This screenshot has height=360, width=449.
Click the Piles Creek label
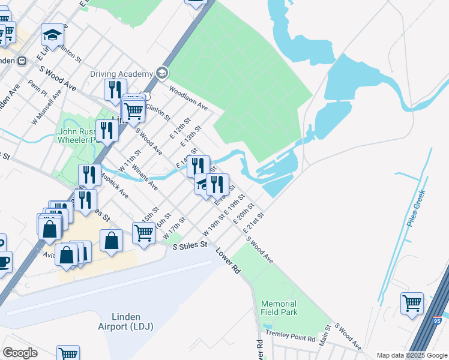pyautogui.click(x=415, y=207)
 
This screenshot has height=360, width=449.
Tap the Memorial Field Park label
pyautogui.click(x=279, y=308)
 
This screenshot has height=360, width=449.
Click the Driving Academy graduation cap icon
pyautogui.click(x=161, y=73)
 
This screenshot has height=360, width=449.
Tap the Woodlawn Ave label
pyautogui.click(x=188, y=99)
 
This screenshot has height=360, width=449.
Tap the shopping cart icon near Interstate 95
pyautogui.click(x=412, y=302)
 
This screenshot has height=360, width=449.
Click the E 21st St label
pyautogui.click(x=254, y=223)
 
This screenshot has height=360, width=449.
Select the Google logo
pyautogui.click(x=20, y=353)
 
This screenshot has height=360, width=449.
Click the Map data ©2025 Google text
pyautogui.click(x=411, y=355)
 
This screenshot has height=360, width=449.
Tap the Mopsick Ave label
pyautogui.click(x=114, y=185)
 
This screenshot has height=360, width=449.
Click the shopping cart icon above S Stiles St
pyautogui.click(x=144, y=232)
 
